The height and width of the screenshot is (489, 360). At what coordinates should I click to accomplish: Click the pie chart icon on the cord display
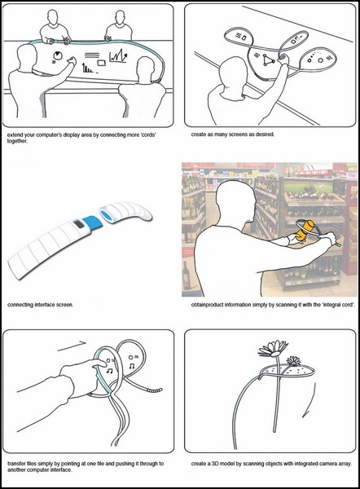coord(58,55)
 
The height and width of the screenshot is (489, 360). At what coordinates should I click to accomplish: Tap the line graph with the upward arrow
coord(118,56)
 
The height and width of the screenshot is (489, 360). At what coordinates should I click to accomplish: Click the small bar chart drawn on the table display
coord(87,68)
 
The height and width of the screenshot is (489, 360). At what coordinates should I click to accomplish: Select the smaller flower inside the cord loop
coord(293,361)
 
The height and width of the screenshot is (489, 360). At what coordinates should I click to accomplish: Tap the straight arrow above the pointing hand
coord(72,346)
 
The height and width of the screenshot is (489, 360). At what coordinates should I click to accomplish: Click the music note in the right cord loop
coord(132,365)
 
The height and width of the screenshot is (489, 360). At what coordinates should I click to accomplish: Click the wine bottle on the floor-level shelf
coord(186,275)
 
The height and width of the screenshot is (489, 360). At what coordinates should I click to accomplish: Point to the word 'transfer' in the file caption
coord(16,464)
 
